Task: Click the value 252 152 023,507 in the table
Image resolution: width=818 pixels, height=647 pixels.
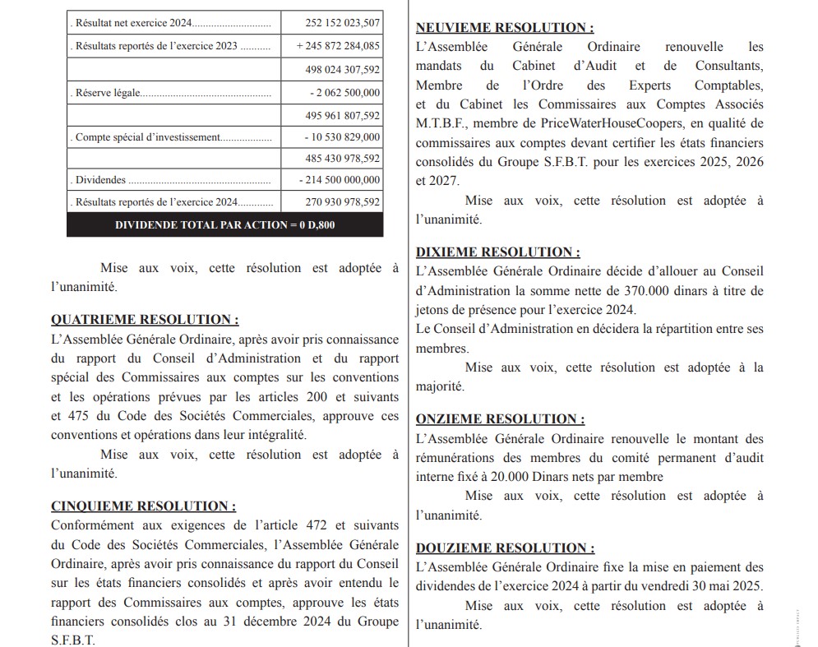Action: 338,23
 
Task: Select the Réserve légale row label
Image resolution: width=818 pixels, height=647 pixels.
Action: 108,93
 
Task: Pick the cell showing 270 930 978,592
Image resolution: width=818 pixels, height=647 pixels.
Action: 338,201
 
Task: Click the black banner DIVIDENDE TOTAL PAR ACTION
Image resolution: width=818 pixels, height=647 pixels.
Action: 224,224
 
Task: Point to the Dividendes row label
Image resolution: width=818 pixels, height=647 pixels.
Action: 100,179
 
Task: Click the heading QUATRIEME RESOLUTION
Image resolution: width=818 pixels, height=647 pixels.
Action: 146,320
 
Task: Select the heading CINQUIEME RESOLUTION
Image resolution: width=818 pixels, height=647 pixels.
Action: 144,506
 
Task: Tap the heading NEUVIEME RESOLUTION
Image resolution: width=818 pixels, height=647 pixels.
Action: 505,28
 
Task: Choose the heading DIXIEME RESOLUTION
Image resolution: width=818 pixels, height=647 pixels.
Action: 497,252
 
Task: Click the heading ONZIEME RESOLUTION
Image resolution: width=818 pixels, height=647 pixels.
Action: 501,419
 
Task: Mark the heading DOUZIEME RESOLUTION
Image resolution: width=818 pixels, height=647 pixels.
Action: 505,548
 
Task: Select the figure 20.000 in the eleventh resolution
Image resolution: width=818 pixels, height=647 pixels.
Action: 511,477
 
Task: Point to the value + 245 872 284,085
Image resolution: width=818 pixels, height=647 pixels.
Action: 338,46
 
